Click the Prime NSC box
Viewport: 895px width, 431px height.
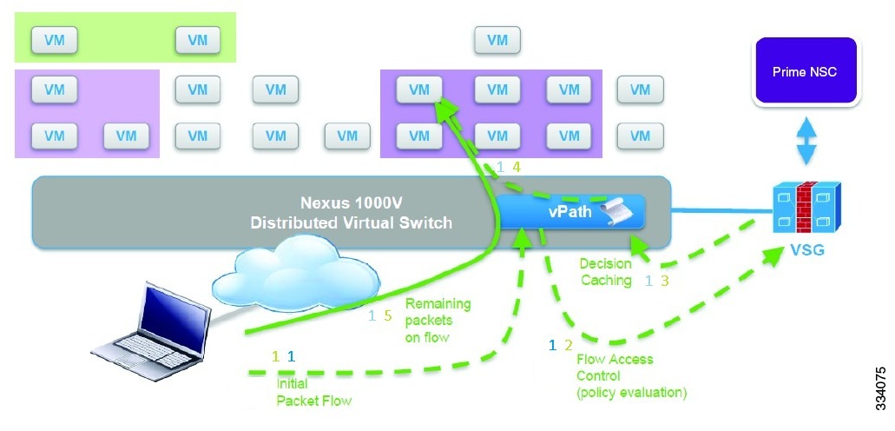pyautogui.click(x=805, y=72)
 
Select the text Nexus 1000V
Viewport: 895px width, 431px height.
pyautogui.click(x=351, y=204)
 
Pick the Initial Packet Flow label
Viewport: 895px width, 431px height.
pyautogui.click(x=313, y=392)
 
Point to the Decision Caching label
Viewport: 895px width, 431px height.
pyautogui.click(x=609, y=272)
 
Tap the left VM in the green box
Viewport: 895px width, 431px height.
pyautogui.click(x=54, y=39)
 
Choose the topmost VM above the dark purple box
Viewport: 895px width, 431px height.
pyautogui.click(x=497, y=39)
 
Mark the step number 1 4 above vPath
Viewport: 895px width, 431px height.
pyautogui.click(x=508, y=168)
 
